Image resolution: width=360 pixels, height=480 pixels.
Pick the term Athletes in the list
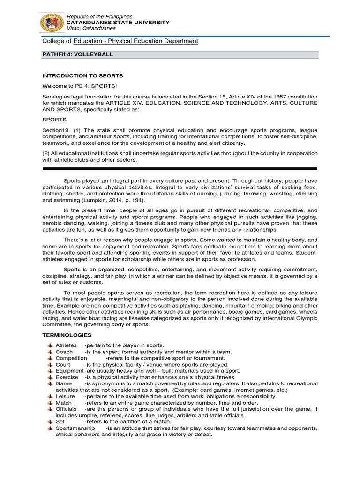(x=66, y=345)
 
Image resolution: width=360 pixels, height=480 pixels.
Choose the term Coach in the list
(x=64, y=352)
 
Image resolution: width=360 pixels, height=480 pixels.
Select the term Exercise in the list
(x=67, y=377)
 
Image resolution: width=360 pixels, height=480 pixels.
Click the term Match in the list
(x=64, y=403)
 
